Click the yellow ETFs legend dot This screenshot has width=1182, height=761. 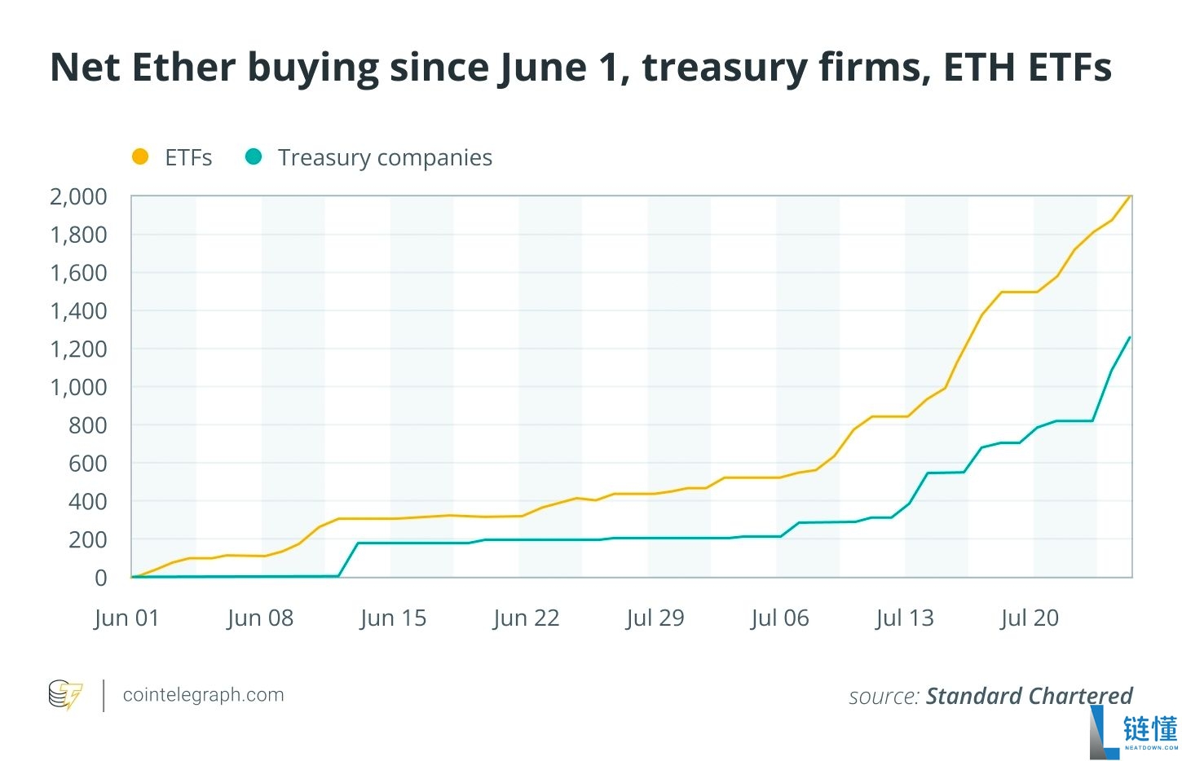tap(140, 156)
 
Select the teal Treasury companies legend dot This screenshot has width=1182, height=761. tap(254, 156)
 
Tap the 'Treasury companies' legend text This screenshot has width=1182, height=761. tap(385, 157)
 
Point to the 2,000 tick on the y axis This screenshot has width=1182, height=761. tap(78, 196)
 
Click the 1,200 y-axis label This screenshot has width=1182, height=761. tap(78, 349)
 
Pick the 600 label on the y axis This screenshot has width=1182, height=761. tap(87, 463)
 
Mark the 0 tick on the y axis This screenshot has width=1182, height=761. tap(100, 578)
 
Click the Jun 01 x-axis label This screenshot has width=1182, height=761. tap(126, 618)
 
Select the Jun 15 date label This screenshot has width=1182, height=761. tap(393, 618)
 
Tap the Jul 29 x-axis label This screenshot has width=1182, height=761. tap(655, 618)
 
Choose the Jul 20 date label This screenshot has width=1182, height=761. tap(1030, 618)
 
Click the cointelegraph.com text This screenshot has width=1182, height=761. tap(203, 695)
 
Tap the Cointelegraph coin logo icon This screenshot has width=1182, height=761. tap(65, 695)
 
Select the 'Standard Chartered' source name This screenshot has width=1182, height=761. tap(1029, 696)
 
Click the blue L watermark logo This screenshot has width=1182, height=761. tap(1105, 732)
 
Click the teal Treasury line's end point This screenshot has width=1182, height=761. tap(1130, 337)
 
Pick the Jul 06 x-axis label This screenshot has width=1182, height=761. tap(780, 618)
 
